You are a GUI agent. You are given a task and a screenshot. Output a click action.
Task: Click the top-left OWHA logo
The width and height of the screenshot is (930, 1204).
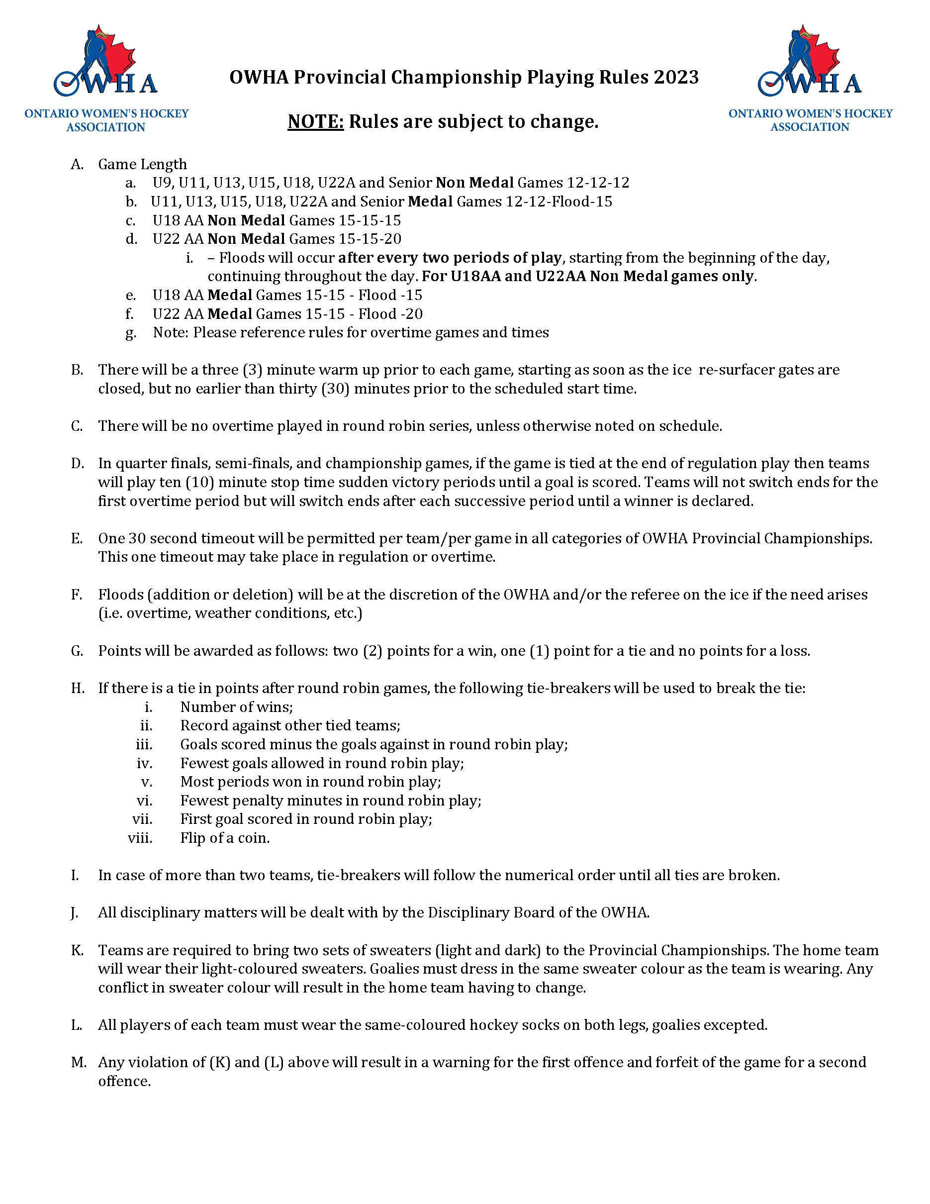tap(106, 77)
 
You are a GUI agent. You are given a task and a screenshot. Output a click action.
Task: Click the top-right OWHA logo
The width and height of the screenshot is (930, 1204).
tap(810, 77)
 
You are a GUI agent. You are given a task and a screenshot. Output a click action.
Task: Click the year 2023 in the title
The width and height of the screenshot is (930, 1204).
tap(676, 77)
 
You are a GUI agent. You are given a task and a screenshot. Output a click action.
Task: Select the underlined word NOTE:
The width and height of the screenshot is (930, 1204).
tap(316, 121)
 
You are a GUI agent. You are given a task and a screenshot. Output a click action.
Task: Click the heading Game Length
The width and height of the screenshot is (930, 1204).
tap(142, 164)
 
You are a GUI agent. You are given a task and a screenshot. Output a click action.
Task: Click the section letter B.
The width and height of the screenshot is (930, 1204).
tap(77, 370)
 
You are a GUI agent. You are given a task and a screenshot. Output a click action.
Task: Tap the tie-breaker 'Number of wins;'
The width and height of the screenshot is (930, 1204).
tap(236, 707)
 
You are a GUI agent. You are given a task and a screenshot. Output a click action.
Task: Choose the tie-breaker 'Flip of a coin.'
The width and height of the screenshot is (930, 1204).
tap(225, 838)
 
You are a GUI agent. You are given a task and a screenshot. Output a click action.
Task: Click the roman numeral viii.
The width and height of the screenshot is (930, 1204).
tap(140, 838)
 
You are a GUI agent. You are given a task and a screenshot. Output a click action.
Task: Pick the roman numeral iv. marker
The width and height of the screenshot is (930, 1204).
tap(144, 763)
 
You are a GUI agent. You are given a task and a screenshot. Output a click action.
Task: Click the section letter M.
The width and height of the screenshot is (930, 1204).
tap(78, 1062)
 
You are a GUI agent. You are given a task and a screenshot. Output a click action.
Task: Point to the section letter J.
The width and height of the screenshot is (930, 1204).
tap(75, 912)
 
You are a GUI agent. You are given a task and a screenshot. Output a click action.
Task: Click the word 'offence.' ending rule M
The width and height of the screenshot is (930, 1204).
tap(124, 1081)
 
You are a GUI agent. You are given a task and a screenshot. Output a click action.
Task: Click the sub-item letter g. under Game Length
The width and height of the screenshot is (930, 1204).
tap(131, 333)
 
